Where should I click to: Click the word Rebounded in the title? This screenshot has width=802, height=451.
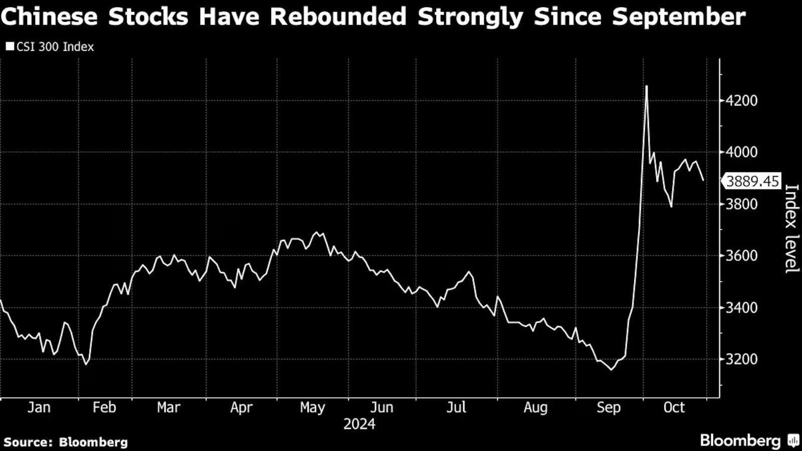pos(338,17)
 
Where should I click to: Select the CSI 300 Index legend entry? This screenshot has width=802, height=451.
pos(50,47)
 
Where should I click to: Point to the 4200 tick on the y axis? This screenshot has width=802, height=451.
pos(741,101)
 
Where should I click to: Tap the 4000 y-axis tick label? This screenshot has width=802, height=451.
pos(741,152)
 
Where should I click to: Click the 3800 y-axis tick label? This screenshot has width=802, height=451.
pos(741,204)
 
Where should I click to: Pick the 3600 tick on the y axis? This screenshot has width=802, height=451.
pos(741,256)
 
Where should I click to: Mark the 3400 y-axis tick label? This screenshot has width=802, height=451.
pos(741,308)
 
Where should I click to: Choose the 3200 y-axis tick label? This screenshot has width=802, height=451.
pos(741,359)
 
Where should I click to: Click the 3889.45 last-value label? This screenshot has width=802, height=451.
pos(752,181)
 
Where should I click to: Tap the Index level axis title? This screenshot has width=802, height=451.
pos(791,229)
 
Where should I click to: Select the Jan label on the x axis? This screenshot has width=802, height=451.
pos(39,407)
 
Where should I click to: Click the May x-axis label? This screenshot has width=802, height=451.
pos(312,407)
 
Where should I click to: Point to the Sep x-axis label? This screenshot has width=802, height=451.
pos(609,407)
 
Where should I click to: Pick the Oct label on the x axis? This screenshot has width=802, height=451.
pos(674,407)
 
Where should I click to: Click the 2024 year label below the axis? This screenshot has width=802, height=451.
pos(359,424)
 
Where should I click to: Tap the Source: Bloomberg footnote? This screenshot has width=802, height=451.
pos(66,442)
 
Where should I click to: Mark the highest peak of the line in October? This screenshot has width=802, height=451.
pos(647,86)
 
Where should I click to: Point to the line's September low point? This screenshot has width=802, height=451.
pos(611,370)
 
